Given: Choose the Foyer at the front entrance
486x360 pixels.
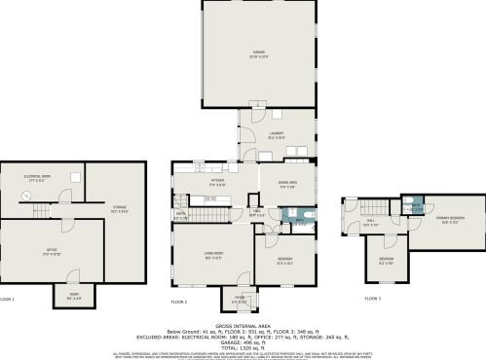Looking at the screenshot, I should pos(239,300).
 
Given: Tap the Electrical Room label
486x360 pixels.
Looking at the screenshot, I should pos(38,178).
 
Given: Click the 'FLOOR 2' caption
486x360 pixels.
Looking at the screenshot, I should pos(178,303).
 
